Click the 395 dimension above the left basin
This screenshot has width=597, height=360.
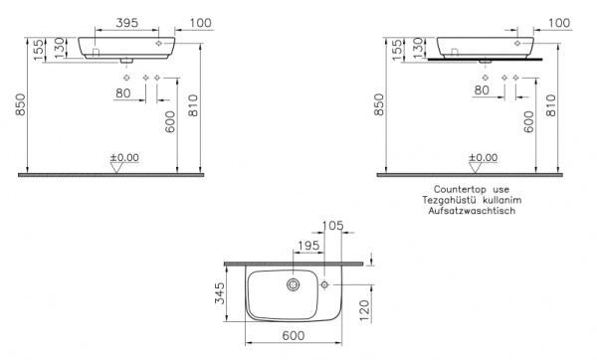[126, 21]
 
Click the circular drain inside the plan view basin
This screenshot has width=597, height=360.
[293, 284]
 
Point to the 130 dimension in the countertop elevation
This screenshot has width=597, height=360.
[419, 47]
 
